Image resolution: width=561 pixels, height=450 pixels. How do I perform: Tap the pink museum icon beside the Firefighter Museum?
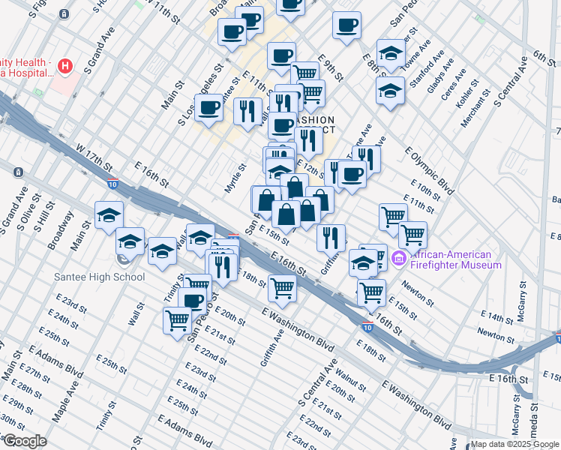point(398,259)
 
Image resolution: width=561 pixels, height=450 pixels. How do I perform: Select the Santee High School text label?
point(100,277)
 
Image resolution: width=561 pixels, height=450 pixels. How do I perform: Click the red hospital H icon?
point(66,66)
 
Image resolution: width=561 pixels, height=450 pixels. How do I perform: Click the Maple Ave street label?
point(66,401)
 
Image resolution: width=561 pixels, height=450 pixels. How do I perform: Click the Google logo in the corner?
point(25,441)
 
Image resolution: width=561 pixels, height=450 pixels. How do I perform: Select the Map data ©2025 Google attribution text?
point(514,444)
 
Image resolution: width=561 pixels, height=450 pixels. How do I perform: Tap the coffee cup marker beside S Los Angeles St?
point(208,107)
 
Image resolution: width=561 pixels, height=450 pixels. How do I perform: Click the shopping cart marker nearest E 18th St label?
point(282,286)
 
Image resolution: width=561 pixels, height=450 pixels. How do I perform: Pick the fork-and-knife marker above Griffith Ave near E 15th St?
point(331,238)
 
